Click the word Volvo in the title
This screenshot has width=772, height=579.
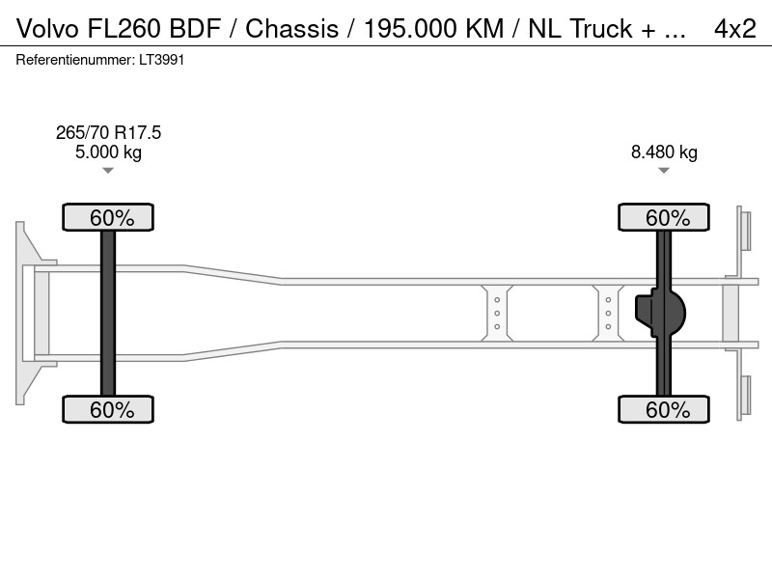47,29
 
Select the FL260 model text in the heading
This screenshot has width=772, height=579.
124,29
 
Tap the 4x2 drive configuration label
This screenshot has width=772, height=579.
735,29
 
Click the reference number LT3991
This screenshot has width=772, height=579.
161,60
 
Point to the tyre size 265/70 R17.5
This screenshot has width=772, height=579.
108,132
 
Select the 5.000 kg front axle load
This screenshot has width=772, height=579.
108,152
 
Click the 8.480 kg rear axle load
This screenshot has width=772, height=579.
664,152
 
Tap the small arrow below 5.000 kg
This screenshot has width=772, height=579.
108,171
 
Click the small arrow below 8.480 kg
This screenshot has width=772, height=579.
664,171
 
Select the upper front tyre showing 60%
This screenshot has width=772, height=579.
108,217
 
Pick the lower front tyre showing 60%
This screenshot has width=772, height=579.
108,409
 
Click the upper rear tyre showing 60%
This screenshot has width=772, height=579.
664,217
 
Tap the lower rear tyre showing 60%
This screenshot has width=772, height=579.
664,409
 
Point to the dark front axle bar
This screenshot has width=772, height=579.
108,313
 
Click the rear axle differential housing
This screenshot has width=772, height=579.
660,313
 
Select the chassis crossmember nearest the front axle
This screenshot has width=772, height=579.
497,313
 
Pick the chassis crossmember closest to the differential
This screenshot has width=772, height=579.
608,313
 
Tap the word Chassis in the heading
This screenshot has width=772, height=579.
292,29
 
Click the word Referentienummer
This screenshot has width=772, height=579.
75,60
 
